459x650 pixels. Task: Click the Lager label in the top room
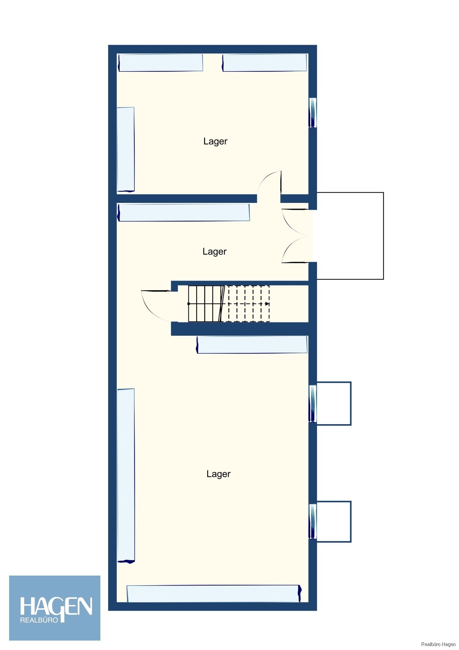tap(215, 141)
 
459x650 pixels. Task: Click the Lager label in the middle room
tap(214, 252)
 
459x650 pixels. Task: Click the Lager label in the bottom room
tap(218, 474)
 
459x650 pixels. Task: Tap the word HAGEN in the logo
tap(56, 607)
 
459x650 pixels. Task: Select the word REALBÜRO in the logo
tap(39, 620)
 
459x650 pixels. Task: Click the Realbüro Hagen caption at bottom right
tap(438, 644)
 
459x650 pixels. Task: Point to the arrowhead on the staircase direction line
tap(267, 304)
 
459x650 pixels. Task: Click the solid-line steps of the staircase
tap(205, 304)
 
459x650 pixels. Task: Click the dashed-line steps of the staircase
tap(249, 304)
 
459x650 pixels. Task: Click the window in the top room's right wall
tap(312, 112)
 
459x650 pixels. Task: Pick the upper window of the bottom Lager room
tap(312, 403)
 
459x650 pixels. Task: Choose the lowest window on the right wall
tap(312, 522)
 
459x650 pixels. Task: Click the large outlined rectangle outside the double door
tap(350, 236)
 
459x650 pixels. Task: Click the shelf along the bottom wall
tap(213, 593)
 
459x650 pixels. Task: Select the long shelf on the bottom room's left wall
tap(126, 475)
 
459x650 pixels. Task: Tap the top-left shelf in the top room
tap(161, 63)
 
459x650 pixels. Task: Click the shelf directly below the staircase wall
tap(252, 344)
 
